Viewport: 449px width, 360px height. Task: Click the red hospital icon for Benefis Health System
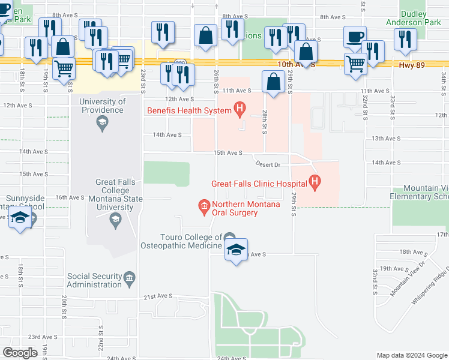[240, 110]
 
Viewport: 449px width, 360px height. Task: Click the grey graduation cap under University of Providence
[101, 125]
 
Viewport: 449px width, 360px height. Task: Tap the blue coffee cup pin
[355, 37]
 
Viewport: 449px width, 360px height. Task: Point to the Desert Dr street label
[268, 164]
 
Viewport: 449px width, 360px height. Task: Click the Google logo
[20, 353]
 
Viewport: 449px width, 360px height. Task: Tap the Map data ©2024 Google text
[412, 355]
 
